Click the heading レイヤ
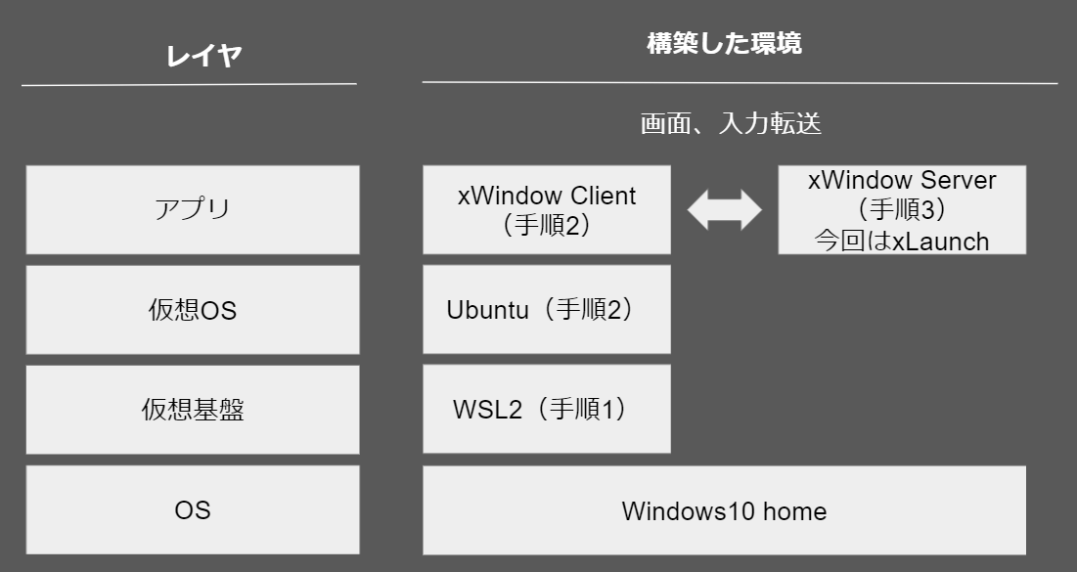pos(203,56)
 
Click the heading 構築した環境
pos(724,43)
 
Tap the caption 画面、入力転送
pos(731,123)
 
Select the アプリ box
pos(193,209)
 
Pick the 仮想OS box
pos(193,310)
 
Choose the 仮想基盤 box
pos(193,410)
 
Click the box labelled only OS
pos(193,509)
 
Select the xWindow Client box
pos(547,209)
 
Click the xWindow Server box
pos(902,209)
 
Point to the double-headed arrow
pos(725,209)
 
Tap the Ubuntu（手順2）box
pos(547,310)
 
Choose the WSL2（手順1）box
pos(547,409)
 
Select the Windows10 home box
pos(725,510)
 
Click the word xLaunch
pos(940,242)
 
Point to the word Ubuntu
pos(488,310)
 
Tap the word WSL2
pos(488,410)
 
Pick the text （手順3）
pos(902,209)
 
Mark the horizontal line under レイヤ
pos(189,84)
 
